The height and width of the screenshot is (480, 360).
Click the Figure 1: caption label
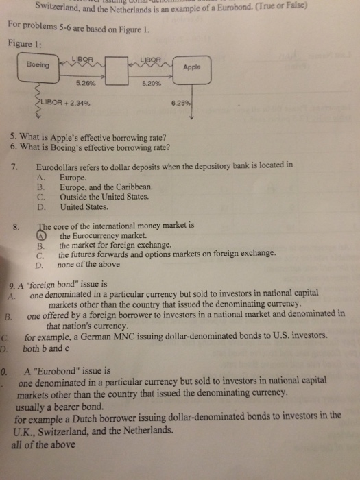(x=24, y=43)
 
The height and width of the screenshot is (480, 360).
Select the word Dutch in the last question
(x=80, y=416)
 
